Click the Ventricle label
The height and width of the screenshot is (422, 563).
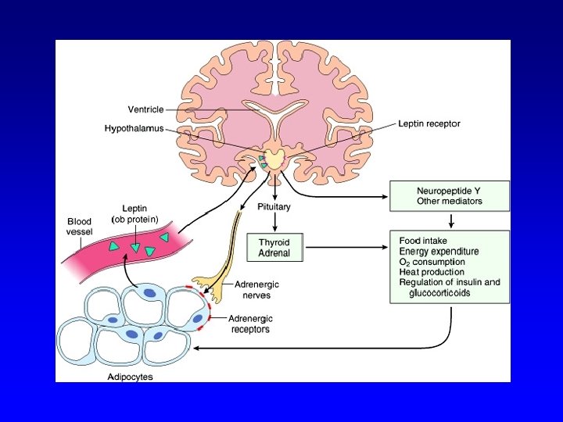pos(146,109)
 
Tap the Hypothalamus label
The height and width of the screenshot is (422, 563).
pos(134,129)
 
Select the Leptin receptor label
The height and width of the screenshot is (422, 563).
pos(429,123)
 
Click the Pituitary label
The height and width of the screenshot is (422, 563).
pos(274,207)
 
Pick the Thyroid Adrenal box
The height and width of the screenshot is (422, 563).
pos(274,248)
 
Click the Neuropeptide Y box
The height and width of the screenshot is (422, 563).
pos(450,195)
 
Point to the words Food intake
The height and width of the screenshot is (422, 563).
pos(423,241)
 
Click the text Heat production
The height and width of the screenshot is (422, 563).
pos(432,272)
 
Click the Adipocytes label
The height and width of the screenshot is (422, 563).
pos(129,377)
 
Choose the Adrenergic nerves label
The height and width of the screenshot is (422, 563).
pos(256,289)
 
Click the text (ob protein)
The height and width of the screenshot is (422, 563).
pos(135,220)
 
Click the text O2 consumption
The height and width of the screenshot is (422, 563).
pos(432,262)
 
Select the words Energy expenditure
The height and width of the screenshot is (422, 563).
pos(439,252)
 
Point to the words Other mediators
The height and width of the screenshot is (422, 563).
pos(450,202)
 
